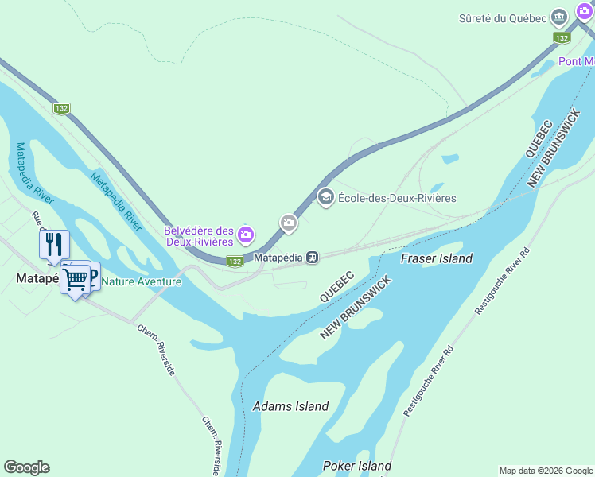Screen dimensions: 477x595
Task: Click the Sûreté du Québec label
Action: click(x=504, y=18)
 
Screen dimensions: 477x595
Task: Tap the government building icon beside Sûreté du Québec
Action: click(x=560, y=17)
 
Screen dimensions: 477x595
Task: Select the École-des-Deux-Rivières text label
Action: click(x=397, y=197)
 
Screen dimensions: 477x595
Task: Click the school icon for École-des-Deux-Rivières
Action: click(x=325, y=197)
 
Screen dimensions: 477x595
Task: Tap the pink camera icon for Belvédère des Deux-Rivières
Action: click(x=246, y=234)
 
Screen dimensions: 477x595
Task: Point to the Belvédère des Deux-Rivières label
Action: click(x=199, y=236)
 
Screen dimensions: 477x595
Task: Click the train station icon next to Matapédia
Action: click(x=313, y=258)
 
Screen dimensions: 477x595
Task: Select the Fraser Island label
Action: click(x=437, y=258)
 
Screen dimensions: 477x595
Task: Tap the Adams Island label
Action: click(x=290, y=406)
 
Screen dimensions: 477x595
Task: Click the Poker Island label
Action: click(x=357, y=466)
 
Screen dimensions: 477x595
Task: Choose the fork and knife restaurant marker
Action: click(x=54, y=244)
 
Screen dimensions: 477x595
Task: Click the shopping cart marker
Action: click(x=75, y=279)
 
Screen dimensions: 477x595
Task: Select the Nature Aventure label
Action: click(x=142, y=281)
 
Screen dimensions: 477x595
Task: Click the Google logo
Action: click(x=26, y=467)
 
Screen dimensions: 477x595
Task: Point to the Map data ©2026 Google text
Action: click(x=545, y=471)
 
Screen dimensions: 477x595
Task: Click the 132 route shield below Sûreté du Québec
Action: click(x=562, y=38)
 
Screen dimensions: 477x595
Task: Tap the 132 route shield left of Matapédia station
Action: click(x=234, y=261)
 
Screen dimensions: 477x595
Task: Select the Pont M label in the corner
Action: click(x=576, y=61)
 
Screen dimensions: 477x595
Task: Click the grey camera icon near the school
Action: click(x=289, y=223)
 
